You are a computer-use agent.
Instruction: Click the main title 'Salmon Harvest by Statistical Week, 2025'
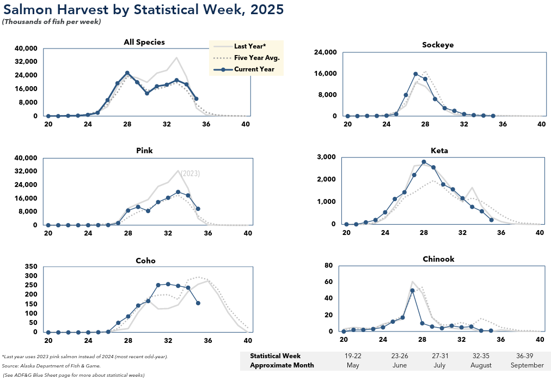(x=143, y=9)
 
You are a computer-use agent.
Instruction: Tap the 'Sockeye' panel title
(x=437, y=45)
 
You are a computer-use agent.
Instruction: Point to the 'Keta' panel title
(x=439, y=150)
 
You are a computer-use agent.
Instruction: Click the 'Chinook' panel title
(x=438, y=258)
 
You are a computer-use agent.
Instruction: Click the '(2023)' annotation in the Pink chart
(x=191, y=173)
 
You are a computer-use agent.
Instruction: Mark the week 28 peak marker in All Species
(x=127, y=73)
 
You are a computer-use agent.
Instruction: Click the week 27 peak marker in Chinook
(x=412, y=291)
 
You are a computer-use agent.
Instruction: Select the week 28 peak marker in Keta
(x=424, y=162)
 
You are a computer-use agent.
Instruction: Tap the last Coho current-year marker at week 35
(x=198, y=303)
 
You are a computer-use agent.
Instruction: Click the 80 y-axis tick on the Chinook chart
(x=328, y=266)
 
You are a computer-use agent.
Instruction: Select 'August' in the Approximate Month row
(x=481, y=365)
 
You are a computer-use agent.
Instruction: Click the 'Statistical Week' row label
(x=275, y=356)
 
